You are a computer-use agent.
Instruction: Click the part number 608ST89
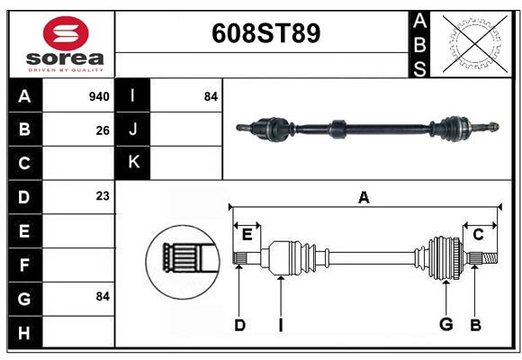[265, 34]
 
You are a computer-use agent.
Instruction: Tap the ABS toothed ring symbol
[472, 42]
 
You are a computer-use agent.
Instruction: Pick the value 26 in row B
[103, 130]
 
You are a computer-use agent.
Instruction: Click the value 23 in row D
[103, 196]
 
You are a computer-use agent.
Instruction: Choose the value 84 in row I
[211, 96]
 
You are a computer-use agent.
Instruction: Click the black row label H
[24, 333]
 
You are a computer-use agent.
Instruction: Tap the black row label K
[133, 163]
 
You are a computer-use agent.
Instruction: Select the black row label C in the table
[24, 163]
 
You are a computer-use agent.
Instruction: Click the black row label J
[133, 130]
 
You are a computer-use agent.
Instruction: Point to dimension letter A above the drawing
[364, 197]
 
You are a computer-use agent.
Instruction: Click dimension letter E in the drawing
[247, 235]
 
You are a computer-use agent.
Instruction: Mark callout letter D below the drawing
[239, 325]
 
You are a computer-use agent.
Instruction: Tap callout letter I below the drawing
[281, 325]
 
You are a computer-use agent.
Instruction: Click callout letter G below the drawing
[445, 325]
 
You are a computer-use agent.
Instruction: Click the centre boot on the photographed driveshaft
[338, 128]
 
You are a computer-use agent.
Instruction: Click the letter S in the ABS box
[419, 68]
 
